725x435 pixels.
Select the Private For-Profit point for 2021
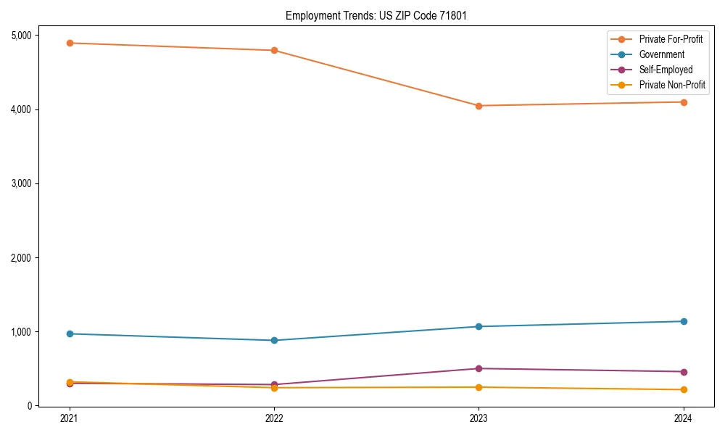click(x=70, y=43)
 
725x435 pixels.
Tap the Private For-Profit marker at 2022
click(x=274, y=50)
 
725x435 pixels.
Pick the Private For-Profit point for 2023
click(x=478, y=106)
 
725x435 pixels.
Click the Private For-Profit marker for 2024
click(x=683, y=102)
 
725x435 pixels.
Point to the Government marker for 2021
click(x=70, y=333)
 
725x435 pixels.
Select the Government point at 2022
click(x=274, y=340)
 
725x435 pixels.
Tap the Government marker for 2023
click(x=478, y=326)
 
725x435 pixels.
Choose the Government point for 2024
click(x=683, y=321)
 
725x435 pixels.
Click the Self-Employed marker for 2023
click(x=478, y=368)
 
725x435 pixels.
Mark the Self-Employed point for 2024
click(x=683, y=372)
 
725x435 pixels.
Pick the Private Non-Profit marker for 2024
click(x=683, y=390)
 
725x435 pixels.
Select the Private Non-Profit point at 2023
click(x=478, y=387)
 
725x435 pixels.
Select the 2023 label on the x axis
click(x=478, y=418)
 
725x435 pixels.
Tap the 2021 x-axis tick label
click(x=70, y=418)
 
